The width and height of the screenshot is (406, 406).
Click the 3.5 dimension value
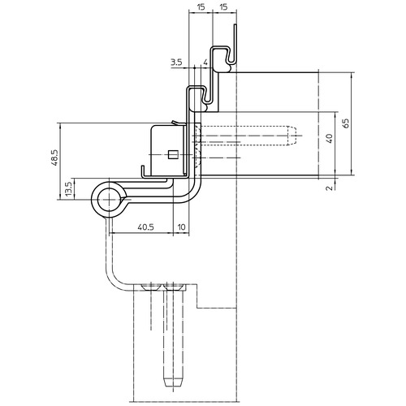click(176, 63)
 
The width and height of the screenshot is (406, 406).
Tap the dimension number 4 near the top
click(205, 63)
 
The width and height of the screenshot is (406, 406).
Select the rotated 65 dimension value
click(346, 123)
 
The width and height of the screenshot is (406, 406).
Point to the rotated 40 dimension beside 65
click(330, 138)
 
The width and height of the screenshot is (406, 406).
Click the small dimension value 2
click(330, 188)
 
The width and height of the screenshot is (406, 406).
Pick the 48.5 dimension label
click(54, 158)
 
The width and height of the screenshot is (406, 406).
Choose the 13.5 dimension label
click(68, 189)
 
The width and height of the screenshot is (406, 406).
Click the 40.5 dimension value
click(145, 227)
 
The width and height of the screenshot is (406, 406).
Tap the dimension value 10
click(182, 227)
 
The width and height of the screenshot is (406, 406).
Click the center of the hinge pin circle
click(109, 200)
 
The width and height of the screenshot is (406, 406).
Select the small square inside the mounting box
click(172, 154)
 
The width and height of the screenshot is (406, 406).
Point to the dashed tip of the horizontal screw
click(292, 136)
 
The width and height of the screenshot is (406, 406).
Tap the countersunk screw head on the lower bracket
click(152, 287)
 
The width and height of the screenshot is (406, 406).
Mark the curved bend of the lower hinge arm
click(116, 279)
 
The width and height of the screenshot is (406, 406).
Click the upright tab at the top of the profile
click(235, 43)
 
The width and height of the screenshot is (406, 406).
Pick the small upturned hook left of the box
click(143, 172)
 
